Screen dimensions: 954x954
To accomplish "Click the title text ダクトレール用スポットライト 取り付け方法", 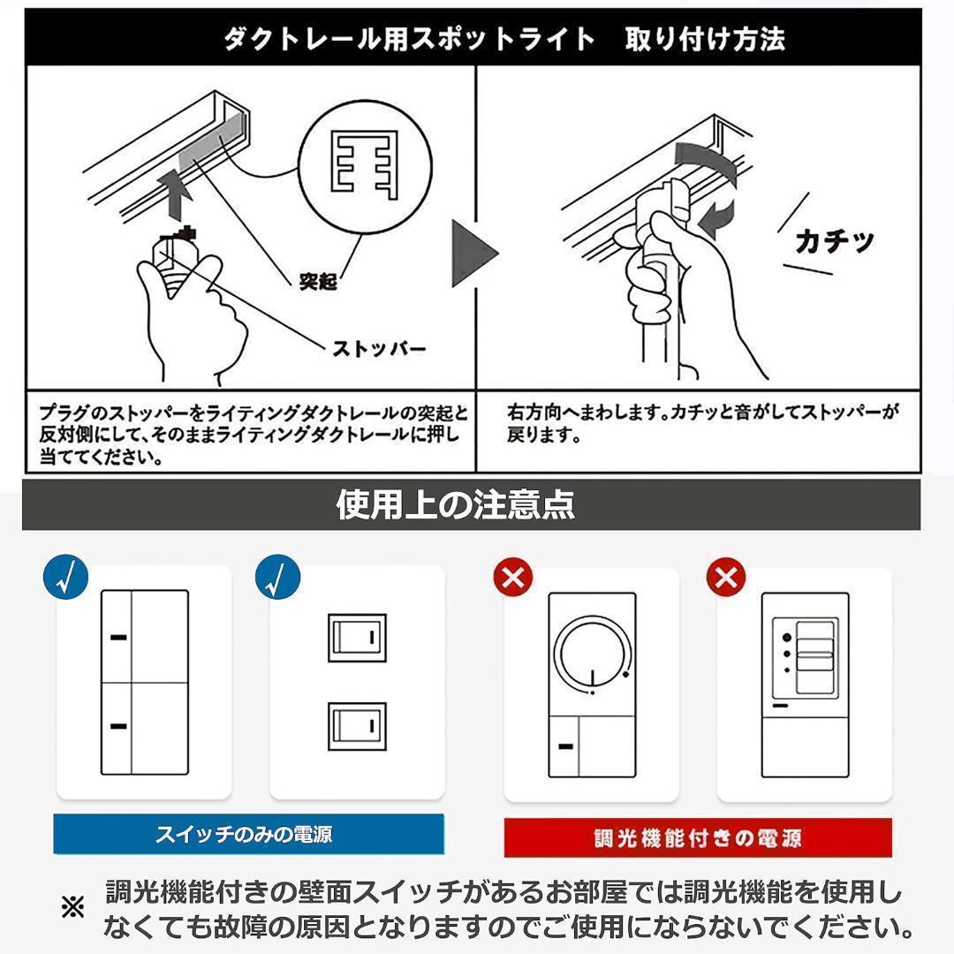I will click(503, 39).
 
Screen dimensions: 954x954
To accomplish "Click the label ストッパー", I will click(379, 348).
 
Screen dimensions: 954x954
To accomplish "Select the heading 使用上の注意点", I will click(456, 504).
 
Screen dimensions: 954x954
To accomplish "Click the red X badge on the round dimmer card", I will click(514, 579).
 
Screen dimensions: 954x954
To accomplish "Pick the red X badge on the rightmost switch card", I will click(726, 579).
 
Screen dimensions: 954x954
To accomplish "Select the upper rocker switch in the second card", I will click(357, 636).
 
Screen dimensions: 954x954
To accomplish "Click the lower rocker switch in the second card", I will click(357, 725).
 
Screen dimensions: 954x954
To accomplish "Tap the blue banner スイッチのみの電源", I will click(248, 834).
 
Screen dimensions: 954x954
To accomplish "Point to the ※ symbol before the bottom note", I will click(72, 907).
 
